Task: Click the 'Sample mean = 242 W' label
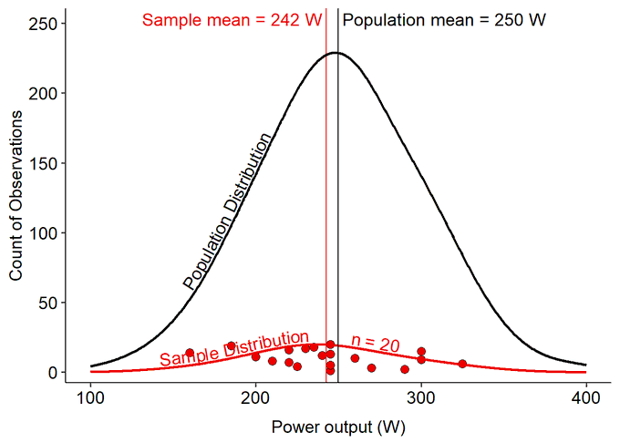[x=232, y=20]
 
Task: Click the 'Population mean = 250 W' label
[x=444, y=20]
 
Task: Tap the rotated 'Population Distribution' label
[x=228, y=211]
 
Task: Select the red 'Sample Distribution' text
[x=234, y=348]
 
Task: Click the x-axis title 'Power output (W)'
[x=338, y=427]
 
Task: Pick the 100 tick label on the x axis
[x=91, y=398]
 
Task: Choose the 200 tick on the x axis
[x=256, y=398]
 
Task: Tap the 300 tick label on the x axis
[x=421, y=398]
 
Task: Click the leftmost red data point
[x=190, y=353]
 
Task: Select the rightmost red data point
[x=462, y=364]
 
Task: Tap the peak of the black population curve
[x=336, y=53]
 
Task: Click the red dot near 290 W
[x=405, y=369]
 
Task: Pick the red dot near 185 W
[x=232, y=346]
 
